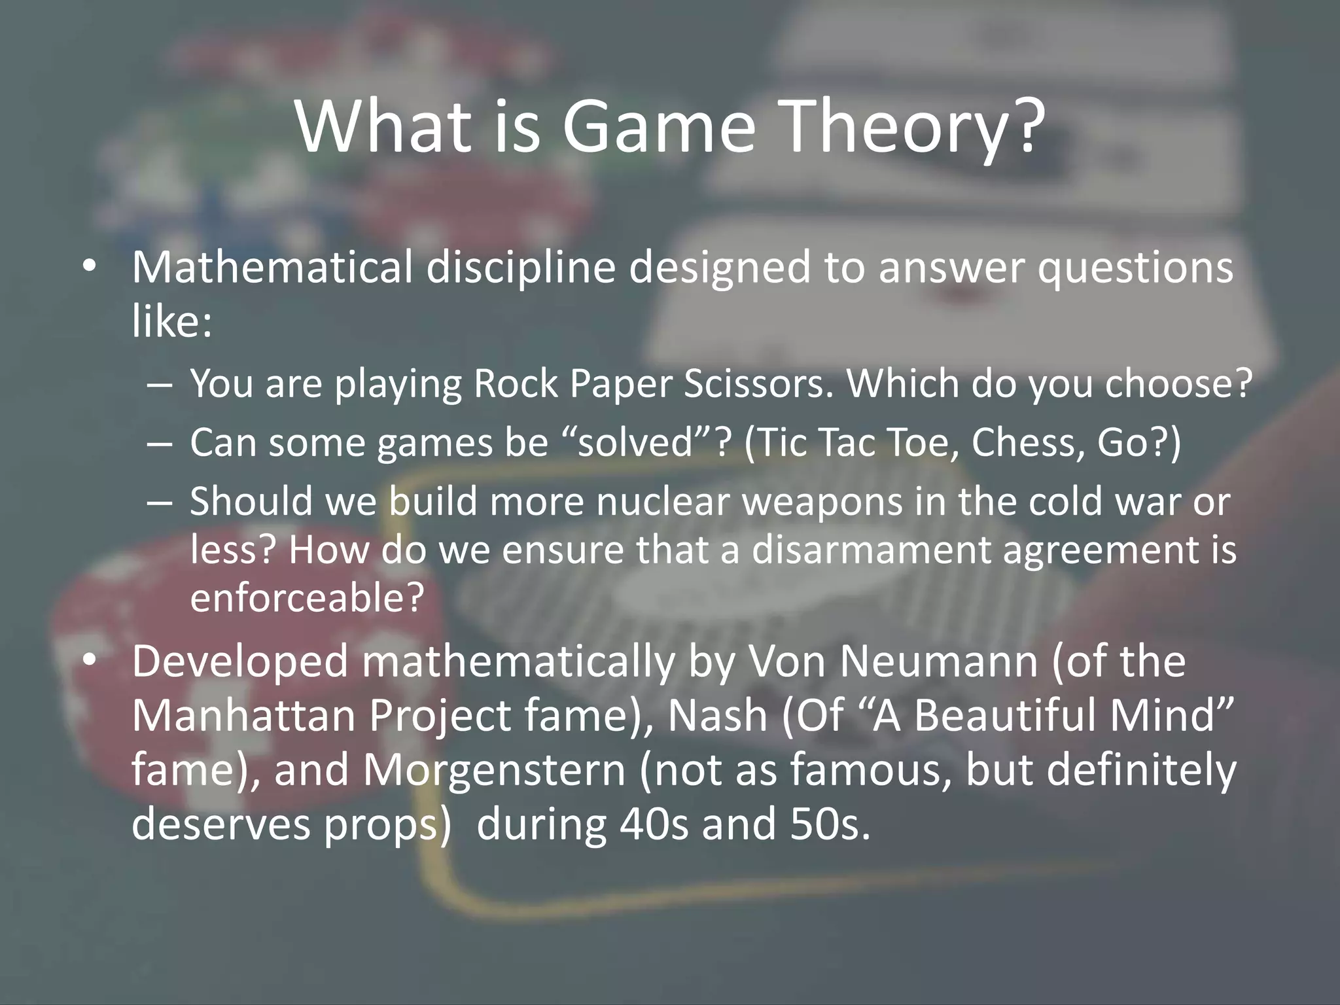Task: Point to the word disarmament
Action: coord(870,550)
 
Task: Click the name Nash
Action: coord(717,715)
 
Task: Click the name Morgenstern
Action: coord(495,770)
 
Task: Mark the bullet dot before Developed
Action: coord(90,660)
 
